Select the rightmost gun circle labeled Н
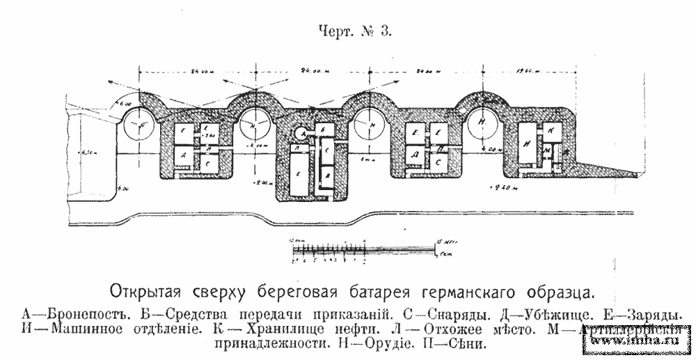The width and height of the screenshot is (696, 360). pos(482,123)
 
